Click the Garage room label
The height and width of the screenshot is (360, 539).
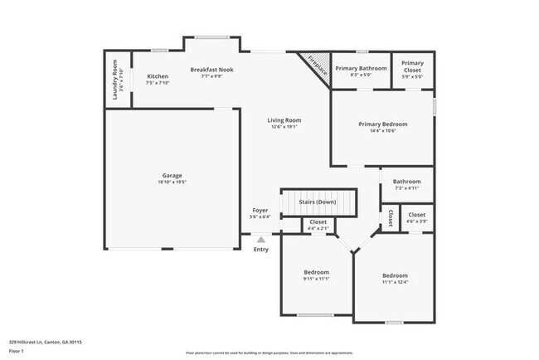172,176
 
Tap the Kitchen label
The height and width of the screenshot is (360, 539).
158,76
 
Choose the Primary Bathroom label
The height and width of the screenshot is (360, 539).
362,69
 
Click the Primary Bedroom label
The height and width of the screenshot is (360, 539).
382,124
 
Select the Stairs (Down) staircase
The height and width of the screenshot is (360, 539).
317,202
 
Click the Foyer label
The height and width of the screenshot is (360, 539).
260,211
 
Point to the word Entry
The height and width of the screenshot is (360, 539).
260,249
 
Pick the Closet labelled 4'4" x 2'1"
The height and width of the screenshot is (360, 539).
318,222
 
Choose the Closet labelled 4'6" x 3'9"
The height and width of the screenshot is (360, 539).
416,215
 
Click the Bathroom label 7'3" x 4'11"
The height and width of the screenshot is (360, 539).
406,182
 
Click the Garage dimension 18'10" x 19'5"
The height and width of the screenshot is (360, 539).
172,182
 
